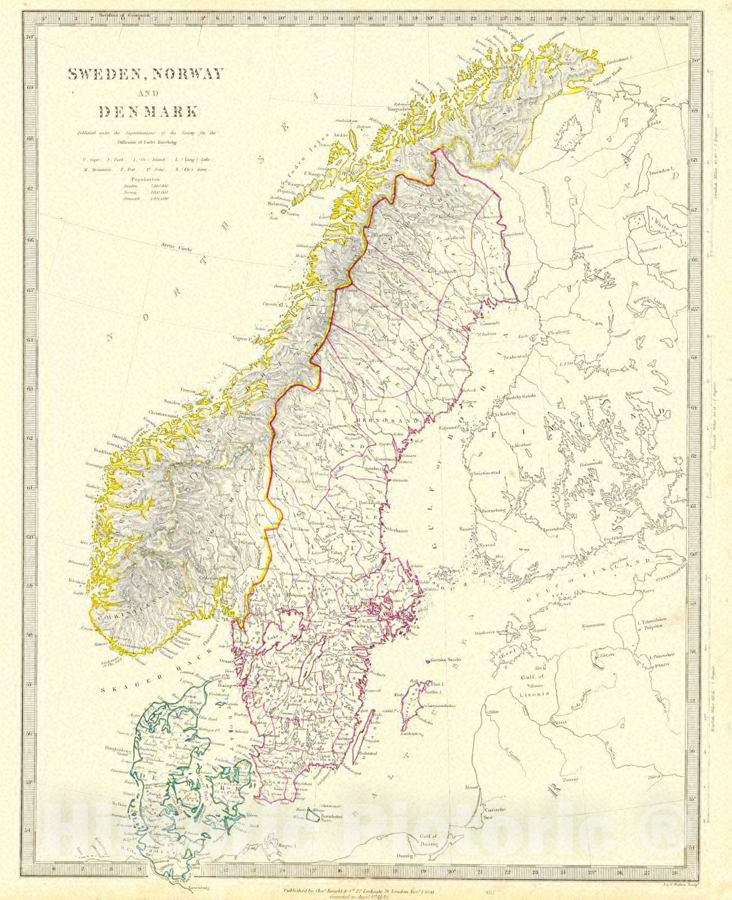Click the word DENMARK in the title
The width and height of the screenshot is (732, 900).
[149, 111]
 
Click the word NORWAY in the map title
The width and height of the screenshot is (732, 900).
[186, 74]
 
